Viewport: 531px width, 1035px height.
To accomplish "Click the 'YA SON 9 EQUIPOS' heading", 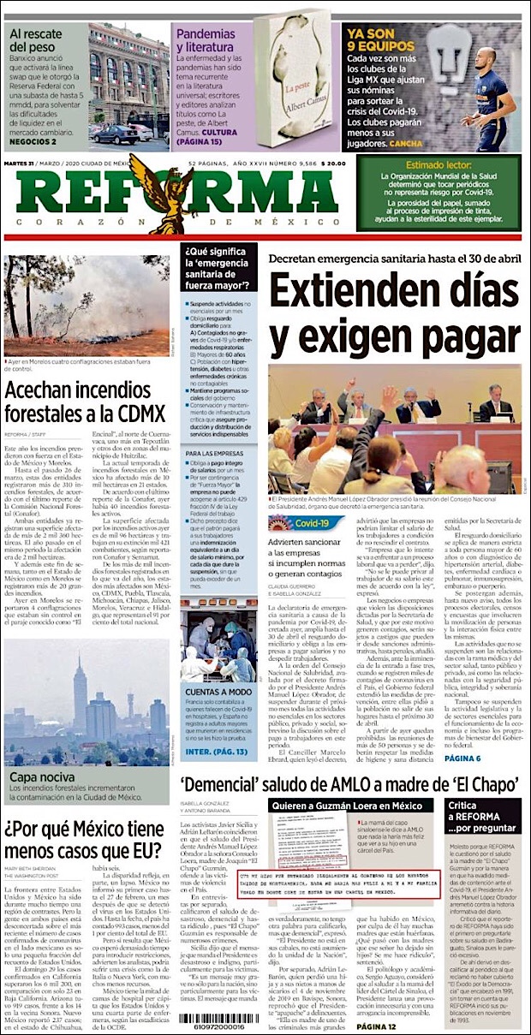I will point(381,40).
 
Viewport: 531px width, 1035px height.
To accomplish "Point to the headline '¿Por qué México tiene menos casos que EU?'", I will point(83,839).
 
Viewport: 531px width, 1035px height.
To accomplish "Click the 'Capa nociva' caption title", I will point(35,777).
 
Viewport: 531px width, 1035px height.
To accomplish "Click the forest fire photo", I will point(87,305).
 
